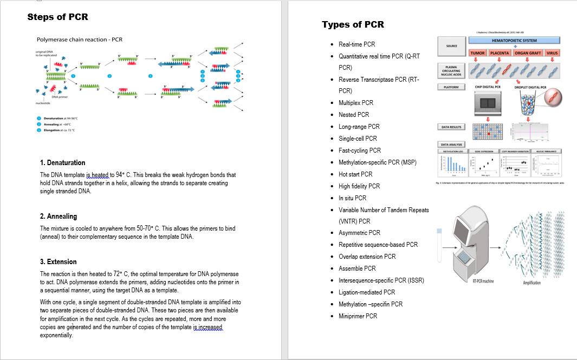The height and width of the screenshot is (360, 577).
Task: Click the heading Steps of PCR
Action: pyautogui.click(x=57, y=17)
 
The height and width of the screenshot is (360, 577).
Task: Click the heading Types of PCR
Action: pyautogui.click(x=353, y=25)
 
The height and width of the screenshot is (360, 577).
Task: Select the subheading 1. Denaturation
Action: pyautogui.click(x=62, y=162)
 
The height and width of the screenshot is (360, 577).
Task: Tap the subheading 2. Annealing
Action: pyautogui.click(x=59, y=216)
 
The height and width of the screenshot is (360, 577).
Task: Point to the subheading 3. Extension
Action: pyautogui.click(x=59, y=261)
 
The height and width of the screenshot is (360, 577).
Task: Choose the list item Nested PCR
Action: pyautogui.click(x=354, y=115)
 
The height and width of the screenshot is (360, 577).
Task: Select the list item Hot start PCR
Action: pyautogui.click(x=355, y=174)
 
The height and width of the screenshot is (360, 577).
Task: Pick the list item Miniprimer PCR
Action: pyautogui.click(x=358, y=316)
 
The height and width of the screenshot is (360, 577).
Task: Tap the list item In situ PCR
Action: pyautogui.click(x=353, y=198)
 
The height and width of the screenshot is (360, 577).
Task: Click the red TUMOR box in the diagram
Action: pyautogui.click(x=477, y=53)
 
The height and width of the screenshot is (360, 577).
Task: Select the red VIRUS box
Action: pyautogui.click(x=552, y=53)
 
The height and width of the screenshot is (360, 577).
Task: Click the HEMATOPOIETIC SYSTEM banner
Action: pyautogui.click(x=514, y=41)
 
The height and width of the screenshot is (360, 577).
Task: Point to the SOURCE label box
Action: pyautogui.click(x=451, y=46)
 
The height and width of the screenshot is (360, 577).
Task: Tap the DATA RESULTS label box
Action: pyautogui.click(x=451, y=127)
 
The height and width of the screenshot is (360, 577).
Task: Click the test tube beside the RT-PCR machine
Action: pyautogui.click(x=439, y=245)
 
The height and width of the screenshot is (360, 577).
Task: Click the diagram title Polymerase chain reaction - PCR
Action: pyautogui.click(x=79, y=40)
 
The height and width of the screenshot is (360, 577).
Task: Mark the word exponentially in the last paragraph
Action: pyautogui.click(x=56, y=336)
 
